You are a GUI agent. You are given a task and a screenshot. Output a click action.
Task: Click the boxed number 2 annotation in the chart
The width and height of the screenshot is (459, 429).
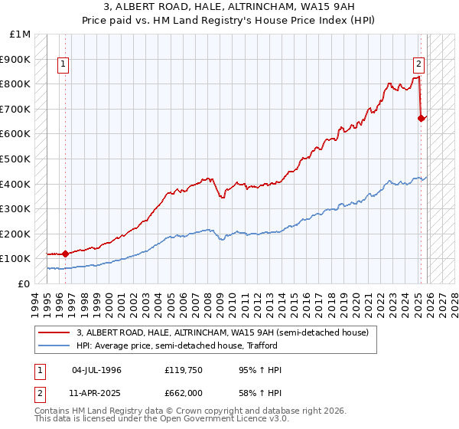click(x=419, y=64)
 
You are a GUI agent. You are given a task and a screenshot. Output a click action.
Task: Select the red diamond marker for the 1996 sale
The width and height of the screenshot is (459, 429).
click(x=65, y=253)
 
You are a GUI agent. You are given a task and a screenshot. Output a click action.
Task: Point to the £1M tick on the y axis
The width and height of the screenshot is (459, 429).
click(x=21, y=34)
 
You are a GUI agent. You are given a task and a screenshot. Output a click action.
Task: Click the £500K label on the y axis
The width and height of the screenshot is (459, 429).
click(x=16, y=159)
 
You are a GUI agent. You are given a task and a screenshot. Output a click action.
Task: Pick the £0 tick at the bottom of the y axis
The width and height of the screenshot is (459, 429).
click(x=24, y=283)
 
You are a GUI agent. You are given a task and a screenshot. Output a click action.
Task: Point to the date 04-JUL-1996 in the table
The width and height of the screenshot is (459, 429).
click(x=96, y=370)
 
